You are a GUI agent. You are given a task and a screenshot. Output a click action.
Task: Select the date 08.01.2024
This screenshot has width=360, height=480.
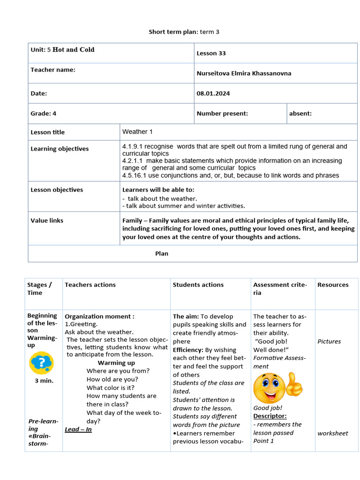(x=213, y=93)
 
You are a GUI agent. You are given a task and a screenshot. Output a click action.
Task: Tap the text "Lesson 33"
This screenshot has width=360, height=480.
(x=211, y=53)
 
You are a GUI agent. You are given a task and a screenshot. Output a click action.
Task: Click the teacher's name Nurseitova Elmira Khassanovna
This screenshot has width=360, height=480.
(x=244, y=73)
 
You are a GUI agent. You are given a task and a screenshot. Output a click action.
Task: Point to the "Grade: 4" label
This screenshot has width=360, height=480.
(x=44, y=113)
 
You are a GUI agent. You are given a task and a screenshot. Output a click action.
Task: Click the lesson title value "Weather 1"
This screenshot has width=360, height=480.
(x=135, y=132)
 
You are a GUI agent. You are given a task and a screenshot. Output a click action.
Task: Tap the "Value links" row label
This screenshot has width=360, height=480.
(x=47, y=220)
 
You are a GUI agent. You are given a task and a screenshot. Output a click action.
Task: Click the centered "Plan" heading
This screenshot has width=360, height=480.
(x=162, y=254)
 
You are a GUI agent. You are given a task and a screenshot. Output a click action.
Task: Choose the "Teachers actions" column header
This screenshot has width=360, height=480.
(x=90, y=285)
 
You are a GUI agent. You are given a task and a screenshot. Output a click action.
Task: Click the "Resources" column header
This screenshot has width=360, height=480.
(x=333, y=285)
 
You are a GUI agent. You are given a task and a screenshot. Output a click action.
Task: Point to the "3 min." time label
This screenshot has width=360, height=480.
(x=44, y=381)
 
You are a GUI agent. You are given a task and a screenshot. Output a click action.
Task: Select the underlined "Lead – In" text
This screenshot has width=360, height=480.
(x=78, y=429)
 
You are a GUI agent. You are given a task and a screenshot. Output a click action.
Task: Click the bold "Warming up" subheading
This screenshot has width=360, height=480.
(x=116, y=363)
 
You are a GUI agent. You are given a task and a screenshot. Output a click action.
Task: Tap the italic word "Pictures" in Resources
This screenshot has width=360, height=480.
(x=329, y=341)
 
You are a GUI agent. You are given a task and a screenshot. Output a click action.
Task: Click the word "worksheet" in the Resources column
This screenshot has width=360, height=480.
(x=333, y=433)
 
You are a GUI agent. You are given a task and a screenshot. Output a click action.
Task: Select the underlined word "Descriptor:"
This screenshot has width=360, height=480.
(x=270, y=416)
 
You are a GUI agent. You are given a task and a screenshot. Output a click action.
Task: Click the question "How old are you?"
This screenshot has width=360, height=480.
(x=112, y=379)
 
